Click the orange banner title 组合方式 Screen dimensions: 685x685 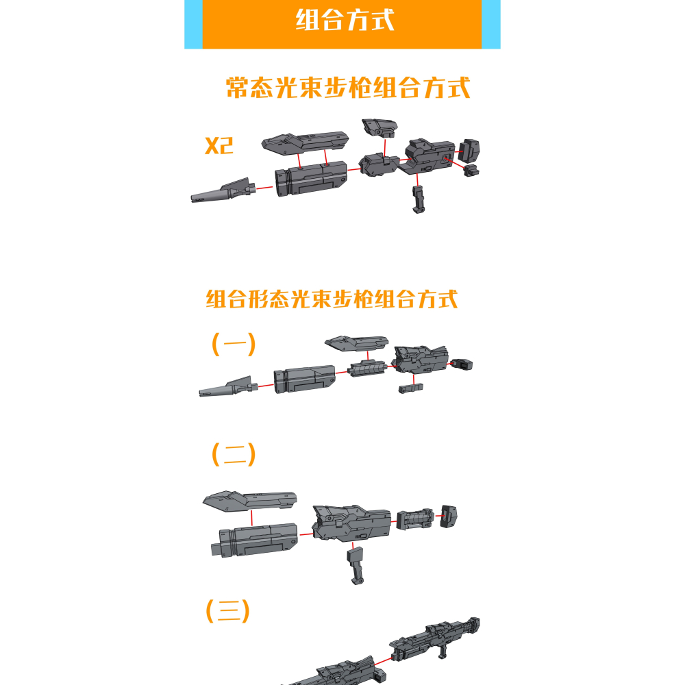pyautogui.click(x=345, y=20)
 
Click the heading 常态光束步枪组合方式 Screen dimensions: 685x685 pyautogui.click(x=348, y=88)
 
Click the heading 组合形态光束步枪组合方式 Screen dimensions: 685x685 pyautogui.click(x=332, y=299)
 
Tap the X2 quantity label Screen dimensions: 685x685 pyautogui.click(x=219, y=145)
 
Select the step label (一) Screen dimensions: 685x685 pyautogui.click(x=234, y=344)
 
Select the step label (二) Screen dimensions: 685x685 pyautogui.click(x=234, y=454)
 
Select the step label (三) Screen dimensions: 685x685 pyautogui.click(x=228, y=611)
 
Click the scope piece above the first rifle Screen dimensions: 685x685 pyautogui.click(x=380, y=126)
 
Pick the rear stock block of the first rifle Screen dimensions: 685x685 pyautogui.click(x=469, y=149)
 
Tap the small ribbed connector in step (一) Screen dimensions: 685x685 pyautogui.click(x=366, y=369)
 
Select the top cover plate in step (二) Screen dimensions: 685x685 pyautogui.click(x=250, y=499)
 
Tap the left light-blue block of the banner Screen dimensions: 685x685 pyautogui.click(x=193, y=23)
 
